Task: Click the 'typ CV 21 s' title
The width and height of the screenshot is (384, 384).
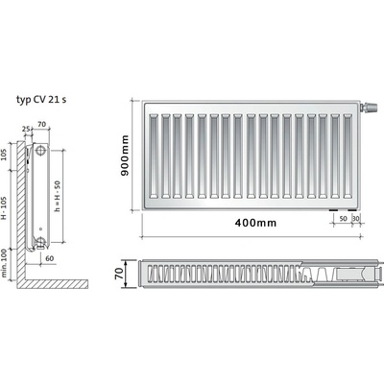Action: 41,100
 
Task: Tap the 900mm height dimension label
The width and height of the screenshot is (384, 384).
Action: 125,156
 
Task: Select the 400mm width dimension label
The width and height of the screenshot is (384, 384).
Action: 255,223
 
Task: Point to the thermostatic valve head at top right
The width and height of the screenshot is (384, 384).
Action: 370,107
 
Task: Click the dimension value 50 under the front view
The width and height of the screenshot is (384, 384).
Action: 343,219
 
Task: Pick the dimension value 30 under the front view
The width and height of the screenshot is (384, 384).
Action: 355,219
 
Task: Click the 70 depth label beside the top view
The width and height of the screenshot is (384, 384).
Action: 119,274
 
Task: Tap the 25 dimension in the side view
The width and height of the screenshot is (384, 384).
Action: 26,129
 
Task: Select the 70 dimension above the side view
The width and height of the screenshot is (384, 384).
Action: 42,124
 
